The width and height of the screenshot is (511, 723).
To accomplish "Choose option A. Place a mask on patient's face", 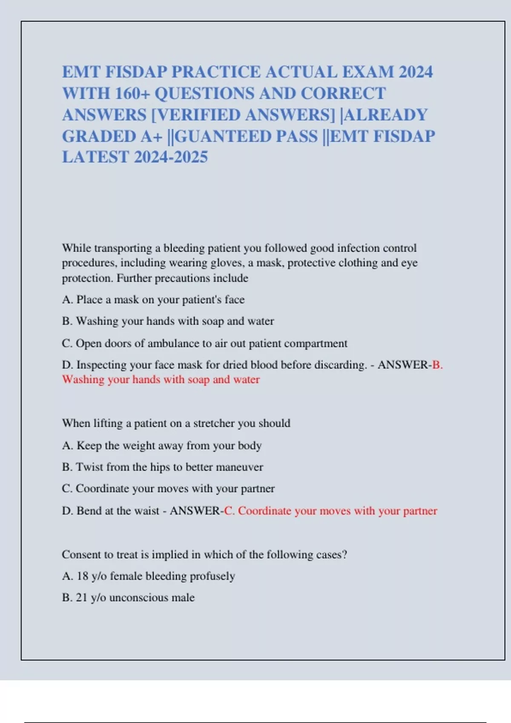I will pos(153,300).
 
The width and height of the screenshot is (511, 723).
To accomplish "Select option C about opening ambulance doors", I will pos(204,343).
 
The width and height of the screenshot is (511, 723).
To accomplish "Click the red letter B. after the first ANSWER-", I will pos(437,365).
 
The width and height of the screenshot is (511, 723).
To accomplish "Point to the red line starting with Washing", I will pos(161,379).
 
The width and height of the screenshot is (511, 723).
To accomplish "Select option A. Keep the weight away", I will pos(161,446).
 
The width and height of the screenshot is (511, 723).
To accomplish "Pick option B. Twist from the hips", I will pos(162,467).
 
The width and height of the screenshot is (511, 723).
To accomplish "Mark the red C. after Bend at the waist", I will pos(229,511).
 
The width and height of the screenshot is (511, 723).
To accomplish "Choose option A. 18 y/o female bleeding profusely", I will pos(148,576).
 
